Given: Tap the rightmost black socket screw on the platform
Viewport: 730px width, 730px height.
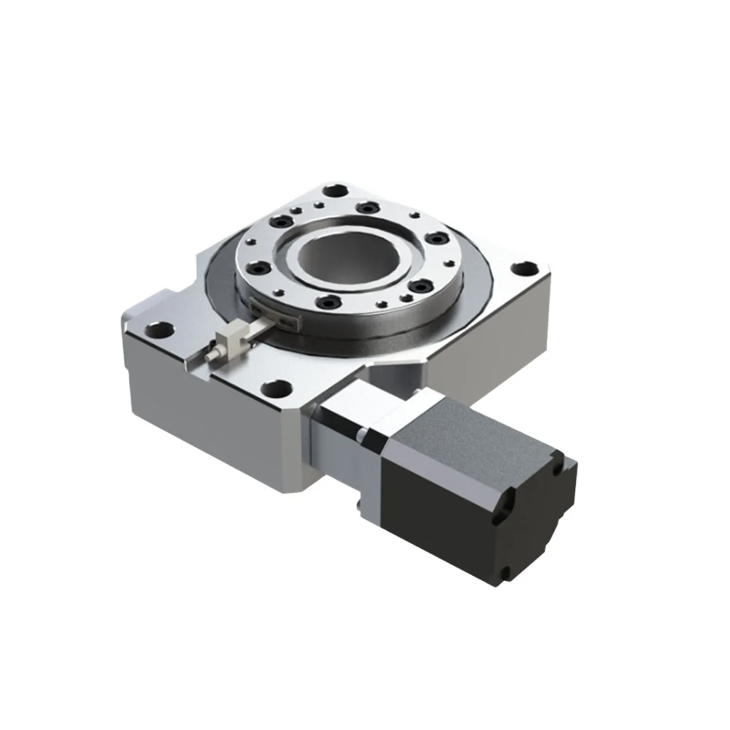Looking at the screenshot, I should click(x=437, y=239).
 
